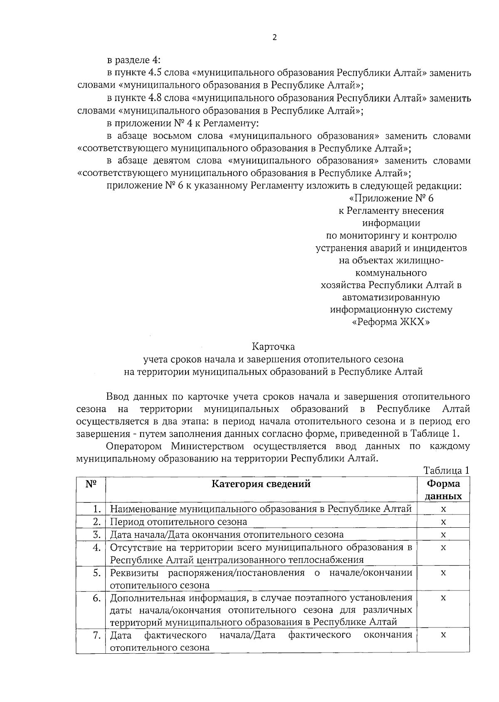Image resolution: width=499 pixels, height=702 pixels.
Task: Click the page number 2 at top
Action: (274, 37)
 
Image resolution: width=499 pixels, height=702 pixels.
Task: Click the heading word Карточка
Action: (273, 346)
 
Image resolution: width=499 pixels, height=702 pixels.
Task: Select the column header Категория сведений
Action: (261, 484)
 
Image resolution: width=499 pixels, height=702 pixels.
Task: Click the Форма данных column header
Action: (444, 490)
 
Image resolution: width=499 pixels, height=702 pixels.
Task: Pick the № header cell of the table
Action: (91, 484)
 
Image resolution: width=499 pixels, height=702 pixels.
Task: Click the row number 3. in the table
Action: (97, 534)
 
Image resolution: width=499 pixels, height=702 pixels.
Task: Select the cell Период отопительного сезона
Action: (178, 522)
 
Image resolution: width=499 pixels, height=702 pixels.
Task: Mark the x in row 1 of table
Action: (443, 509)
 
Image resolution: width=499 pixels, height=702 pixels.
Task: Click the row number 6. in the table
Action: (97, 598)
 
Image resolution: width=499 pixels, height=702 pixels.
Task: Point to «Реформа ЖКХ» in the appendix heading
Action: (391, 322)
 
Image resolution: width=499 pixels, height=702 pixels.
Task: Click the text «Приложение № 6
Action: (391, 198)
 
